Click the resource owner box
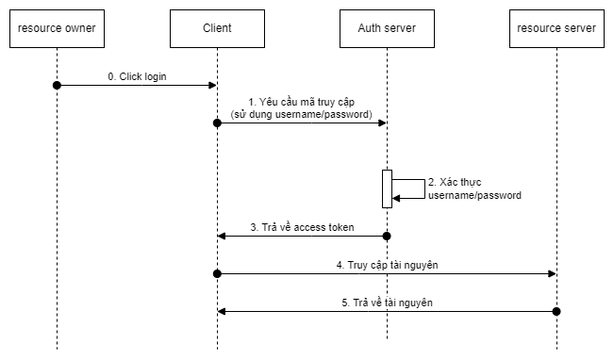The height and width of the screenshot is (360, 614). tap(57, 28)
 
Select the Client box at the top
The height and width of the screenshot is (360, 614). tap(217, 28)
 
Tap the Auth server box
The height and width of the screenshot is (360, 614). tap(387, 28)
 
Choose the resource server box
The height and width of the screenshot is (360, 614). tap(556, 28)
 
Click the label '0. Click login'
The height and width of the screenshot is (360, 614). tap(137, 76)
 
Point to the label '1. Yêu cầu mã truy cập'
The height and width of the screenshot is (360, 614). tap(302, 102)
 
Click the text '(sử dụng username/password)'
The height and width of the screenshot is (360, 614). tap(302, 114)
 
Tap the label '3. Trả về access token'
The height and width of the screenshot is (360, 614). tap(301, 227)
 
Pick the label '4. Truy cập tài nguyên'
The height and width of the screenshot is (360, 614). tap(387, 265)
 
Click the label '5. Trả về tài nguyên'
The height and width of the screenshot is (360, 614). tap(387, 303)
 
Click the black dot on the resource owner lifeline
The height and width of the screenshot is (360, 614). tap(57, 85)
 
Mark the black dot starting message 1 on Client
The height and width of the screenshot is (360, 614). tap(217, 123)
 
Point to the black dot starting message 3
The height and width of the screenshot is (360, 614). tap(387, 236)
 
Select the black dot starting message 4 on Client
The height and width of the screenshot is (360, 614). tap(217, 273)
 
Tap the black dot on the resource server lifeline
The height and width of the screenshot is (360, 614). tap(556, 311)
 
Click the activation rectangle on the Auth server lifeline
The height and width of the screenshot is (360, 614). tap(387, 188)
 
